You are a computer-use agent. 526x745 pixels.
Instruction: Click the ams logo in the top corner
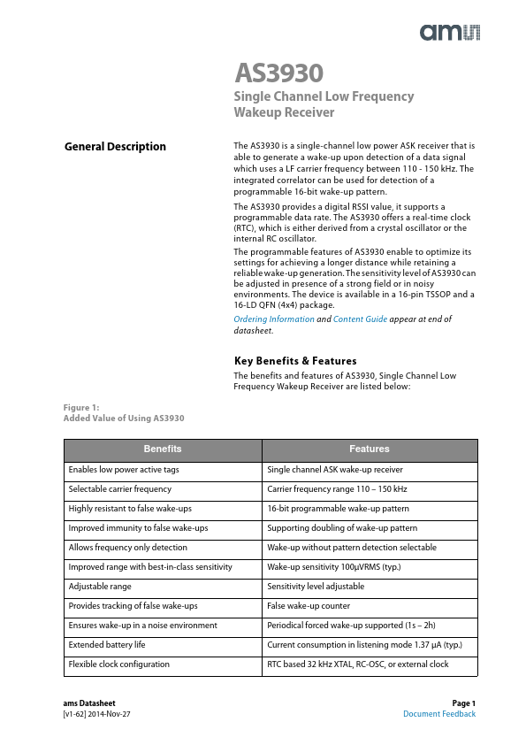(449, 33)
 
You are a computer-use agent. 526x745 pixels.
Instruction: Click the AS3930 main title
(278, 73)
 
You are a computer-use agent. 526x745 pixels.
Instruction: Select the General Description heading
(115, 147)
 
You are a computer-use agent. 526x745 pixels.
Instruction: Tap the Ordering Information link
(273, 319)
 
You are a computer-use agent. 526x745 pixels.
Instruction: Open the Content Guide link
(360, 319)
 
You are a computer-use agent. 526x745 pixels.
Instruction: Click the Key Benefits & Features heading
(295, 361)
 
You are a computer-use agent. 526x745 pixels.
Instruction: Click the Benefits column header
(163, 449)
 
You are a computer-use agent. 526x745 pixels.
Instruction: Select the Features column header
(369, 449)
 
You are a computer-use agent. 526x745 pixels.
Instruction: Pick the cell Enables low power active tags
(124, 470)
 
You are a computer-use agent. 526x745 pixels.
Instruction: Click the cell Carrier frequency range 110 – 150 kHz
(337, 489)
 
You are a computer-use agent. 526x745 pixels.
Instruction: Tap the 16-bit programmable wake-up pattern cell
(338, 509)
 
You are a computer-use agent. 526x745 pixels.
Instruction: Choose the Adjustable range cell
(100, 587)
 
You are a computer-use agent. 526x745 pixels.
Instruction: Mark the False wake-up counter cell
(309, 606)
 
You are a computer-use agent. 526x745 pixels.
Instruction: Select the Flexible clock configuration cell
(119, 664)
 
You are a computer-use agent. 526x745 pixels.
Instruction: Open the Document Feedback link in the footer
(439, 714)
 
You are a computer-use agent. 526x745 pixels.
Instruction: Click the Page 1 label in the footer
(463, 703)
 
